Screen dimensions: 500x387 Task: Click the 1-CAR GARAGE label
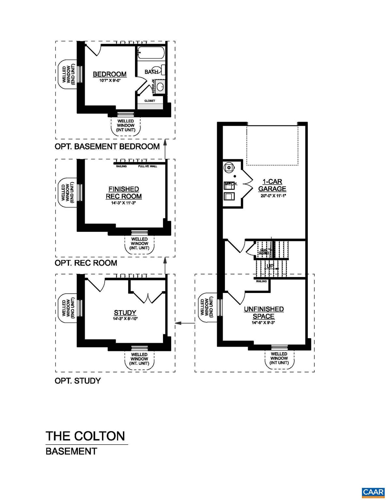272,185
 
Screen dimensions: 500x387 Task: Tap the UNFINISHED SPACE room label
264,312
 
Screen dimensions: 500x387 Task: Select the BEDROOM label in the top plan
110,74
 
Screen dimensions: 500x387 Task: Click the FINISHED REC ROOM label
124,193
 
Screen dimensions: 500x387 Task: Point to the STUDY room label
125,313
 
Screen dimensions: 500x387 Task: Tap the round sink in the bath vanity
160,87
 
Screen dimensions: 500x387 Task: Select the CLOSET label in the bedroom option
150,101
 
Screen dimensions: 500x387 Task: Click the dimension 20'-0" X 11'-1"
273,196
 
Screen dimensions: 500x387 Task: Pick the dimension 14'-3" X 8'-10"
125,319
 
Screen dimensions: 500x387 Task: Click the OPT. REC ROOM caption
86,263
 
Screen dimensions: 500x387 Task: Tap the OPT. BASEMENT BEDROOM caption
107,146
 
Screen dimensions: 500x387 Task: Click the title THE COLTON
85,436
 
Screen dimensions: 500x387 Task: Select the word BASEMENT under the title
71,451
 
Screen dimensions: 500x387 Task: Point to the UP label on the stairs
270,266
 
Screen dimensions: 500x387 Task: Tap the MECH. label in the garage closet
231,184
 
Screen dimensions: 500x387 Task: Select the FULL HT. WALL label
147,166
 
